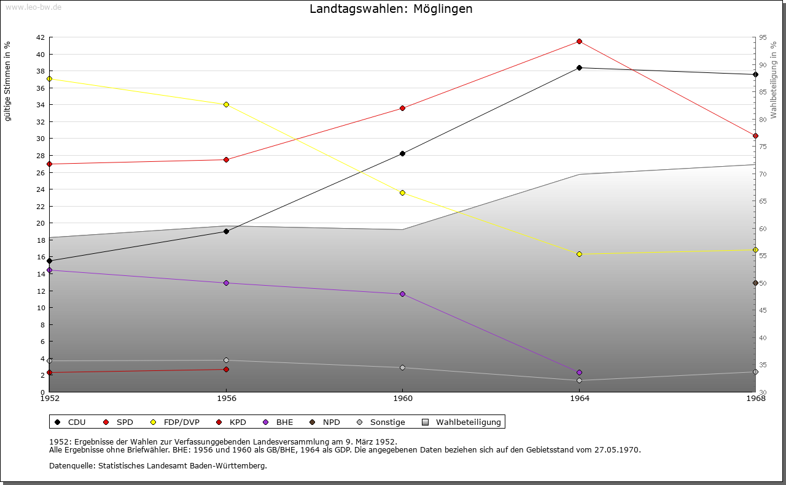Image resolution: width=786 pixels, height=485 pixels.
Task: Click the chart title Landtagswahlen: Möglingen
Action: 391,9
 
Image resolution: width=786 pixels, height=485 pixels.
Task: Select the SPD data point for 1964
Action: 579,41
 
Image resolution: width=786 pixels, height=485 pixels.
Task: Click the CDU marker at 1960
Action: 402,153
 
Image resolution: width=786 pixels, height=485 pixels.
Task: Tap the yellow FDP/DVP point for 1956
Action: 226,104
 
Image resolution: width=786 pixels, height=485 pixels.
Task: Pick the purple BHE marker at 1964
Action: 579,372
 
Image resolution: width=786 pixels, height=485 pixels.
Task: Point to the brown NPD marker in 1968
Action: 755,283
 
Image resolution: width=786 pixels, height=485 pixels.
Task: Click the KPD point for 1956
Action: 226,369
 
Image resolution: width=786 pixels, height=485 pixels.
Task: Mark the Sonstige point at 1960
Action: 402,367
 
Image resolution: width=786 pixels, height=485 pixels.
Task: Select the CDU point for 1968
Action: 755,74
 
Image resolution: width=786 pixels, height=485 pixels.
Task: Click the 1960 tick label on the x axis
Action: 402,399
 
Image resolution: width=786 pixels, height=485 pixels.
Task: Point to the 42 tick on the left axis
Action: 40,37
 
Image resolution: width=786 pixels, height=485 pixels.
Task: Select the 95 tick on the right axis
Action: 762,37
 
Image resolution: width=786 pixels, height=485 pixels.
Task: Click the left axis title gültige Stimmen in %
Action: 7,81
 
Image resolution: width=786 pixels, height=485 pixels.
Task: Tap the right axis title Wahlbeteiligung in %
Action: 774,80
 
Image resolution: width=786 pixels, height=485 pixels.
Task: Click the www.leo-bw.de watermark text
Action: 33,8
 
